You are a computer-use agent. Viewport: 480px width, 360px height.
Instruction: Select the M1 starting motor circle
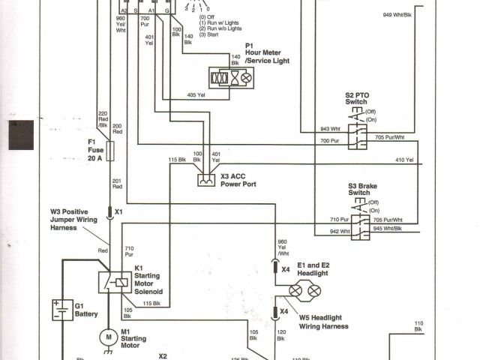pos(108,338)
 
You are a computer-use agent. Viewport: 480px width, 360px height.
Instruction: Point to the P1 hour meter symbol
pos(232,77)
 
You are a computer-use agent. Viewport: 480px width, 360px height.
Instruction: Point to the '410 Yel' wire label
pos(404,160)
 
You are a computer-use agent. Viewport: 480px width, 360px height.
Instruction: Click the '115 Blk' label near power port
pos(177,160)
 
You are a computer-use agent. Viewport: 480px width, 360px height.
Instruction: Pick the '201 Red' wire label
pos(116,184)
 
